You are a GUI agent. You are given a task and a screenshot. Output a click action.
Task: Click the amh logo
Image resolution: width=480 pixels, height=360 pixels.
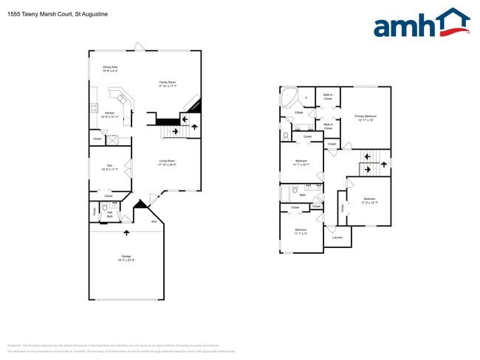pyautogui.click(x=421, y=24)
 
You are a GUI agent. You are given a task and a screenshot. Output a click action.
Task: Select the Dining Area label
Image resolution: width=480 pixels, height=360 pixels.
pyautogui.click(x=110, y=69)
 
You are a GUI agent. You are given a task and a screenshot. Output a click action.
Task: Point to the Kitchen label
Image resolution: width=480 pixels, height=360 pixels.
pyautogui.click(x=109, y=115)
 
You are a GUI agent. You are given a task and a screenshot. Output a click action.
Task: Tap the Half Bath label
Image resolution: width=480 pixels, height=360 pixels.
pyautogui.click(x=109, y=215)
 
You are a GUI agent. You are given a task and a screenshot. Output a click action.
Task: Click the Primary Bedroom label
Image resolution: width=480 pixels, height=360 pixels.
pyautogui.click(x=366, y=118)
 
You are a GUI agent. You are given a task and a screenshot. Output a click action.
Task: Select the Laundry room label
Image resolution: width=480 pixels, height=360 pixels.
pyautogui.click(x=337, y=238)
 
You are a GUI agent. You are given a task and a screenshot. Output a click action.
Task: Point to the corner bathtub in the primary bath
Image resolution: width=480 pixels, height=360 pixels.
pyautogui.click(x=288, y=97)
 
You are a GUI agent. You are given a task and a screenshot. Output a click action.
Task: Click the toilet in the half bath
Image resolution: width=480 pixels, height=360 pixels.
pyautogui.click(x=106, y=209)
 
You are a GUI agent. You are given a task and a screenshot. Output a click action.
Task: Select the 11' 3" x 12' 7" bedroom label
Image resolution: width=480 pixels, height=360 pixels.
pyautogui.click(x=369, y=201)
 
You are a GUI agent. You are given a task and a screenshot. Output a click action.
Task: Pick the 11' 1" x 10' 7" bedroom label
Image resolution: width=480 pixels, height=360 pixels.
pyautogui.click(x=301, y=162)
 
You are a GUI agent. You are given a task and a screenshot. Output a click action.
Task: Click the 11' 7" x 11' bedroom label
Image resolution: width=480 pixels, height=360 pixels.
pyautogui.click(x=301, y=232)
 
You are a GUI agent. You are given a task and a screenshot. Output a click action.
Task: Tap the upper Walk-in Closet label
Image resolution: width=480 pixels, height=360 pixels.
pyautogui.click(x=326, y=97)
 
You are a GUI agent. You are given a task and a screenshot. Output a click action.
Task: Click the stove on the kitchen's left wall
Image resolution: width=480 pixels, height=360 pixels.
pyautogui.click(x=94, y=108)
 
